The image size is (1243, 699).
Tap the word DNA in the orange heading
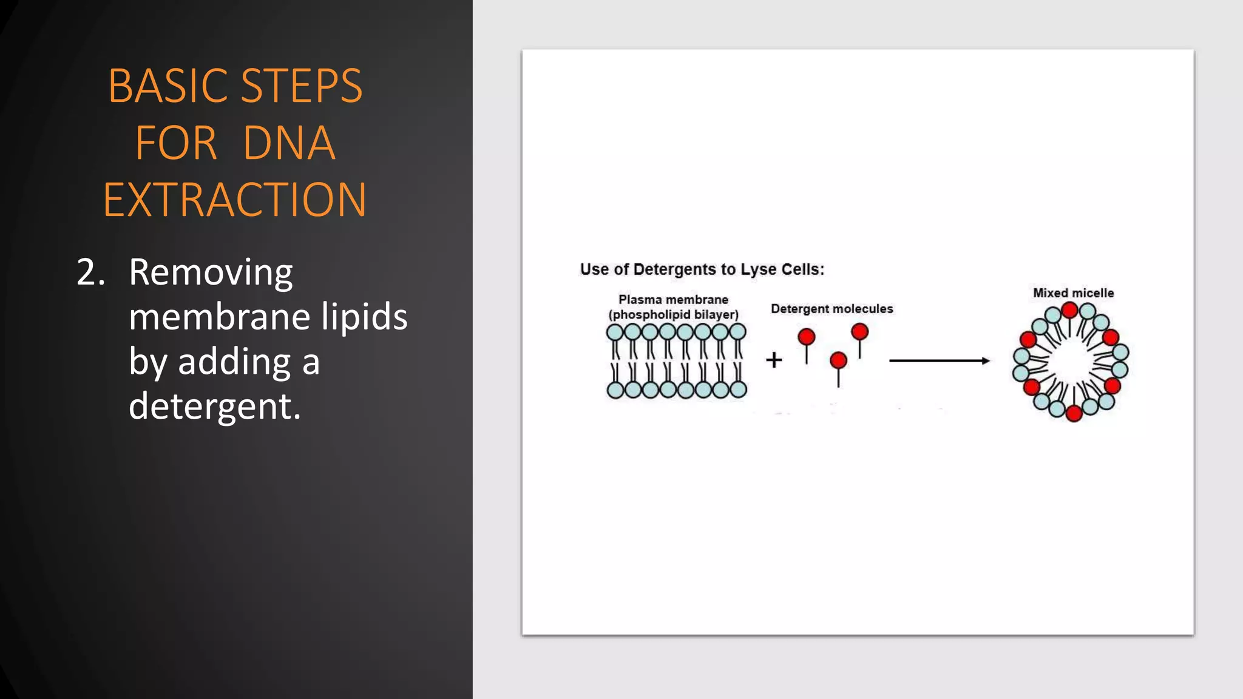click(289, 143)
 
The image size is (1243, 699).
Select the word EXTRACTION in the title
click(235, 200)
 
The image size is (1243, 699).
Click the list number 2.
click(91, 272)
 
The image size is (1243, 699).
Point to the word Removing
click(211, 272)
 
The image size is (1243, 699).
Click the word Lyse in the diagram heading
click(758, 269)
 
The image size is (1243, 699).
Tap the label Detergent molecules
click(831, 309)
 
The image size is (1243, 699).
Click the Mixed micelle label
click(1073, 293)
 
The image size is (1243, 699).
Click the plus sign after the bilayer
click(774, 360)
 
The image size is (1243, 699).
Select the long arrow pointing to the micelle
click(939, 360)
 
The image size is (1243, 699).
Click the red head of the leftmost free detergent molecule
click(807, 337)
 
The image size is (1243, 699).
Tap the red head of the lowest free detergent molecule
click(838, 360)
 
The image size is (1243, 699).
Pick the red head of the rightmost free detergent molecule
click(859, 331)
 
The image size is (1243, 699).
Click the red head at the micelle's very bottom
click(1074, 414)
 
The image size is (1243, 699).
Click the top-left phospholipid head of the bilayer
click(615, 332)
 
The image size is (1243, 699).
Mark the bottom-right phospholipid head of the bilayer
click(738, 390)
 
